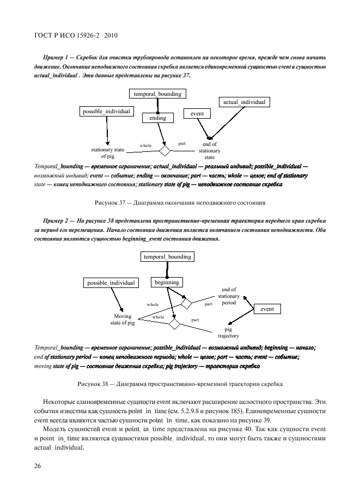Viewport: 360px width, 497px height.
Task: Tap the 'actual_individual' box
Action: pos(245,102)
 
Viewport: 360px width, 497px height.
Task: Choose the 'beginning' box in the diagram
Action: pos(167,282)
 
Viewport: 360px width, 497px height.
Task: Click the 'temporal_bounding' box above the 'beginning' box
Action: pos(167,256)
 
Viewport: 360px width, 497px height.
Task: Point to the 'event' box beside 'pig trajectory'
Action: pos(267,309)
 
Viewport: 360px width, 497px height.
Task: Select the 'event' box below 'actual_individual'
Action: pos(197,113)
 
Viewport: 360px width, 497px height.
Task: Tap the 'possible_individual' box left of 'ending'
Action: pos(107,111)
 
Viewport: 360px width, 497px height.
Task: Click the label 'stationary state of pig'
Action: pos(107,152)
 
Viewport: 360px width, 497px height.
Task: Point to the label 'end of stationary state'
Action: pos(209,151)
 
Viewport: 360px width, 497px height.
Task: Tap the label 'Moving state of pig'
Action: pos(123,320)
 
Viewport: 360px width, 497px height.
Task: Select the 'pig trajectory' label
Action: pos(229,333)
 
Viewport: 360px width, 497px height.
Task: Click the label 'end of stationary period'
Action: pos(229,296)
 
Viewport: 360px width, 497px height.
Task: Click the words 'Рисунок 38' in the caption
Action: pos(95,384)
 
